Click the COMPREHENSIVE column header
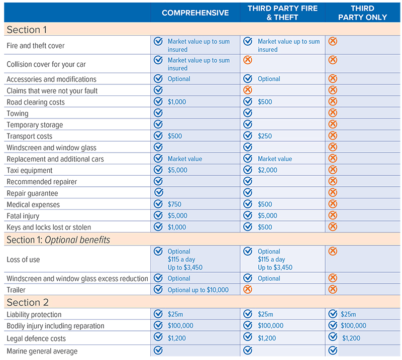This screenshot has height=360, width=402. coord(195,13)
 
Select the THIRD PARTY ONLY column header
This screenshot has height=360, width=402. coord(362,13)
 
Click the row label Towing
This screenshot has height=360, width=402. coord(18,113)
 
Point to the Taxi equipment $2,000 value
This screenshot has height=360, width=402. coord(267,170)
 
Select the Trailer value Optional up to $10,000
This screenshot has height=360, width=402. coord(198,290)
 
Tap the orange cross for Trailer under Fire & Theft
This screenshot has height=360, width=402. coord(247,289)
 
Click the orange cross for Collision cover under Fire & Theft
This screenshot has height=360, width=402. coord(247,60)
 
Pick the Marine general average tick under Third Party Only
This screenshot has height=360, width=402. coord(333,350)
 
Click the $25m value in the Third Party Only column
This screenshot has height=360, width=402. coord(348,314)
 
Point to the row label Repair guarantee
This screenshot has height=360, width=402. coord(32,193)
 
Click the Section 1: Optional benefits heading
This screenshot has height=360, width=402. coord(58,239)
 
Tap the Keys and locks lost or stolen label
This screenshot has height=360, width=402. coord(49,227)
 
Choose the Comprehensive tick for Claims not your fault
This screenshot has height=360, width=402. coord(158,90)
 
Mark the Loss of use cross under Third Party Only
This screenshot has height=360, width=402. coord(333,251)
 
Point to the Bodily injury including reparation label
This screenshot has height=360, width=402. coord(55,326)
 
